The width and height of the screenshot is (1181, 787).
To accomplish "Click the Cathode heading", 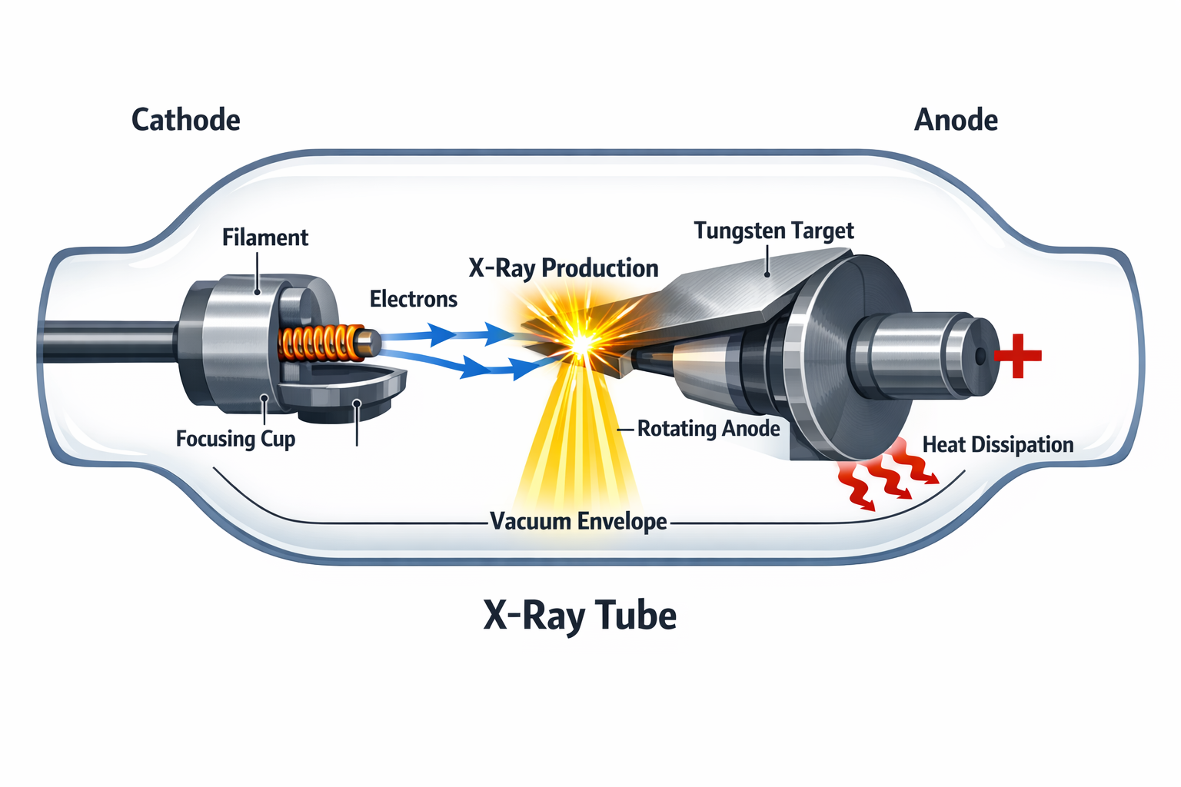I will coord(185,120).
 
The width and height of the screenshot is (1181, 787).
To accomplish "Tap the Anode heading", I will coord(956,120).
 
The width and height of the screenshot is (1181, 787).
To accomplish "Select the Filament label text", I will coord(264,237).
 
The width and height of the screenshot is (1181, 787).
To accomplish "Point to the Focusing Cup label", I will coord(235,439).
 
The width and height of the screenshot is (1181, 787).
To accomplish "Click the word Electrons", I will coord(413,299).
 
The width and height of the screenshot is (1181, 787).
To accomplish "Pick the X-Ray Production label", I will coord(563,268).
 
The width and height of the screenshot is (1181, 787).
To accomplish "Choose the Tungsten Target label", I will coord(773,231).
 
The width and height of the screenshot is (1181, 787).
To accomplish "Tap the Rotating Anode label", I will coord(708,429).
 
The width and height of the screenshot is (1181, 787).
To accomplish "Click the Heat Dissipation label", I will coord(997,445).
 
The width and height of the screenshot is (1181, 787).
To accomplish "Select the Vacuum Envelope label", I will coord(578,521).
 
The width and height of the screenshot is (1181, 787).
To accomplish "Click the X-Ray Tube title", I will coord(580,616).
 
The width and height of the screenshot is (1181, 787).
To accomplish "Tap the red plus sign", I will coord(1018,356).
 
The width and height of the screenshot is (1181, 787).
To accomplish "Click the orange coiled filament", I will coord(319,344).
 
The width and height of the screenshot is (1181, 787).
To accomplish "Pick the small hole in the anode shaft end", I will coord(980,357).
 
